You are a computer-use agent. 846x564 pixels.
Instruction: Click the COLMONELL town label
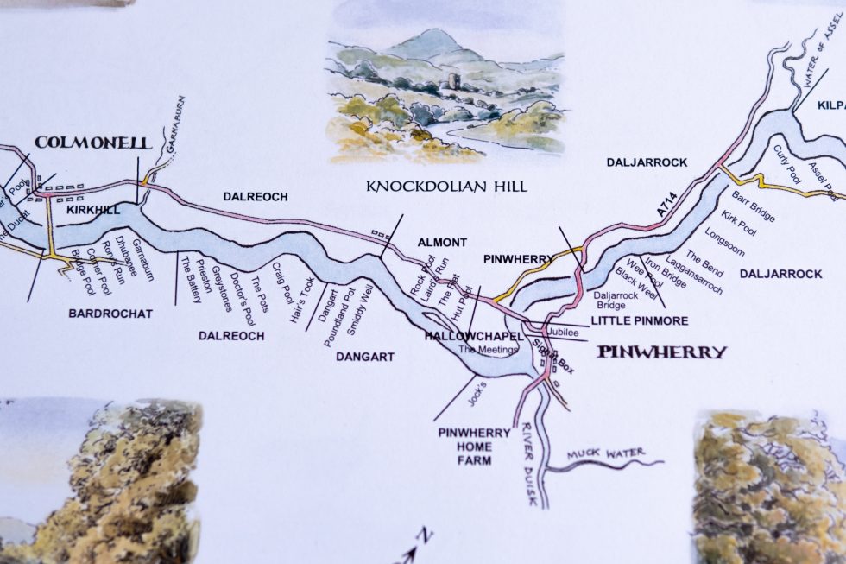(x=92, y=143)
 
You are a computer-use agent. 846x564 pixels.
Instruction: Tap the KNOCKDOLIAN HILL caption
(x=446, y=186)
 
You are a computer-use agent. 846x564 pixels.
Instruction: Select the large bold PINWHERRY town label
(x=662, y=352)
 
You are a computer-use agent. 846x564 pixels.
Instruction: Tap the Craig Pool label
(x=282, y=281)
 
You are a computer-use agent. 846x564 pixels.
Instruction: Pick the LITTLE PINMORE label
(x=640, y=320)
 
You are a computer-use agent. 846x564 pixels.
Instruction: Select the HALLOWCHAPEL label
(x=475, y=335)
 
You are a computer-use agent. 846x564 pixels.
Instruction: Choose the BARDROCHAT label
(x=110, y=314)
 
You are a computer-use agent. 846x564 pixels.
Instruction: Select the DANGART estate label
(x=365, y=356)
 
